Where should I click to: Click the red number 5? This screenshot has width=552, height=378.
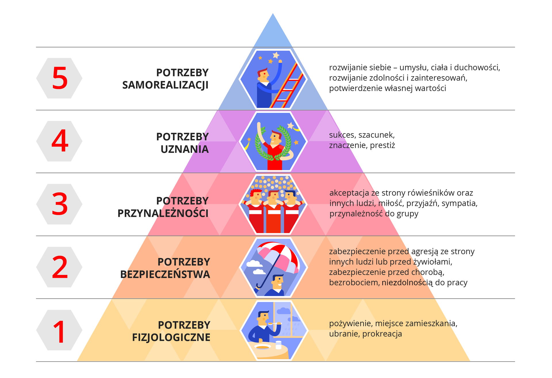point(60,78)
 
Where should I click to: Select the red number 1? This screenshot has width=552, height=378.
point(60,331)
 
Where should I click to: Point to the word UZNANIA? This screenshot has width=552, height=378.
point(184,149)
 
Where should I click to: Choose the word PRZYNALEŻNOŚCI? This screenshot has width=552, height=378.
point(163,213)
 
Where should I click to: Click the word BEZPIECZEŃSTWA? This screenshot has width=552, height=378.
point(165,274)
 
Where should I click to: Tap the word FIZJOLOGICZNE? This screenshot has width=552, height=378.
point(171,337)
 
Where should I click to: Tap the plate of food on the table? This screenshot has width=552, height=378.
point(262,347)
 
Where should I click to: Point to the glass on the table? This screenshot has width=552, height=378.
point(278,345)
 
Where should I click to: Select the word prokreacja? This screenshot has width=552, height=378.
point(382,334)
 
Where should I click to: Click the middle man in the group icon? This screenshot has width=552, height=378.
point(273,210)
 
